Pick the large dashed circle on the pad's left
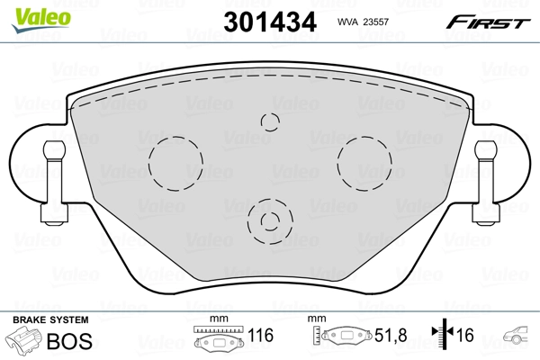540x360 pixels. coord(175,163)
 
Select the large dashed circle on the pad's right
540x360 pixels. coord(364,163)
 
